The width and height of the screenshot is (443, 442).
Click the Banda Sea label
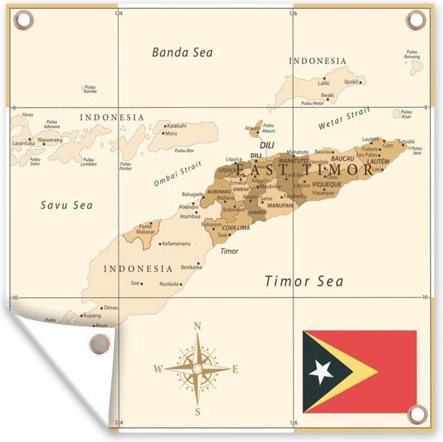182,52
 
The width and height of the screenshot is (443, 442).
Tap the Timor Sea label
304,282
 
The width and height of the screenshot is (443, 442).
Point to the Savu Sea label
66,205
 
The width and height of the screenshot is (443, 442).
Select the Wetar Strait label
344,119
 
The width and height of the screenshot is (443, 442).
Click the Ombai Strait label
178,174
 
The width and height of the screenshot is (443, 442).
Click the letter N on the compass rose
198,326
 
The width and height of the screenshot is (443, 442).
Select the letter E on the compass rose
235,369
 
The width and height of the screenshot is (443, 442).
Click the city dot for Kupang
81,316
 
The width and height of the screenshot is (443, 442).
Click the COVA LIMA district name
236,228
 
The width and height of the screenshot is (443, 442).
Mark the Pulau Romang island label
412,55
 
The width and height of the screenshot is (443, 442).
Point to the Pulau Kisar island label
406,114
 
